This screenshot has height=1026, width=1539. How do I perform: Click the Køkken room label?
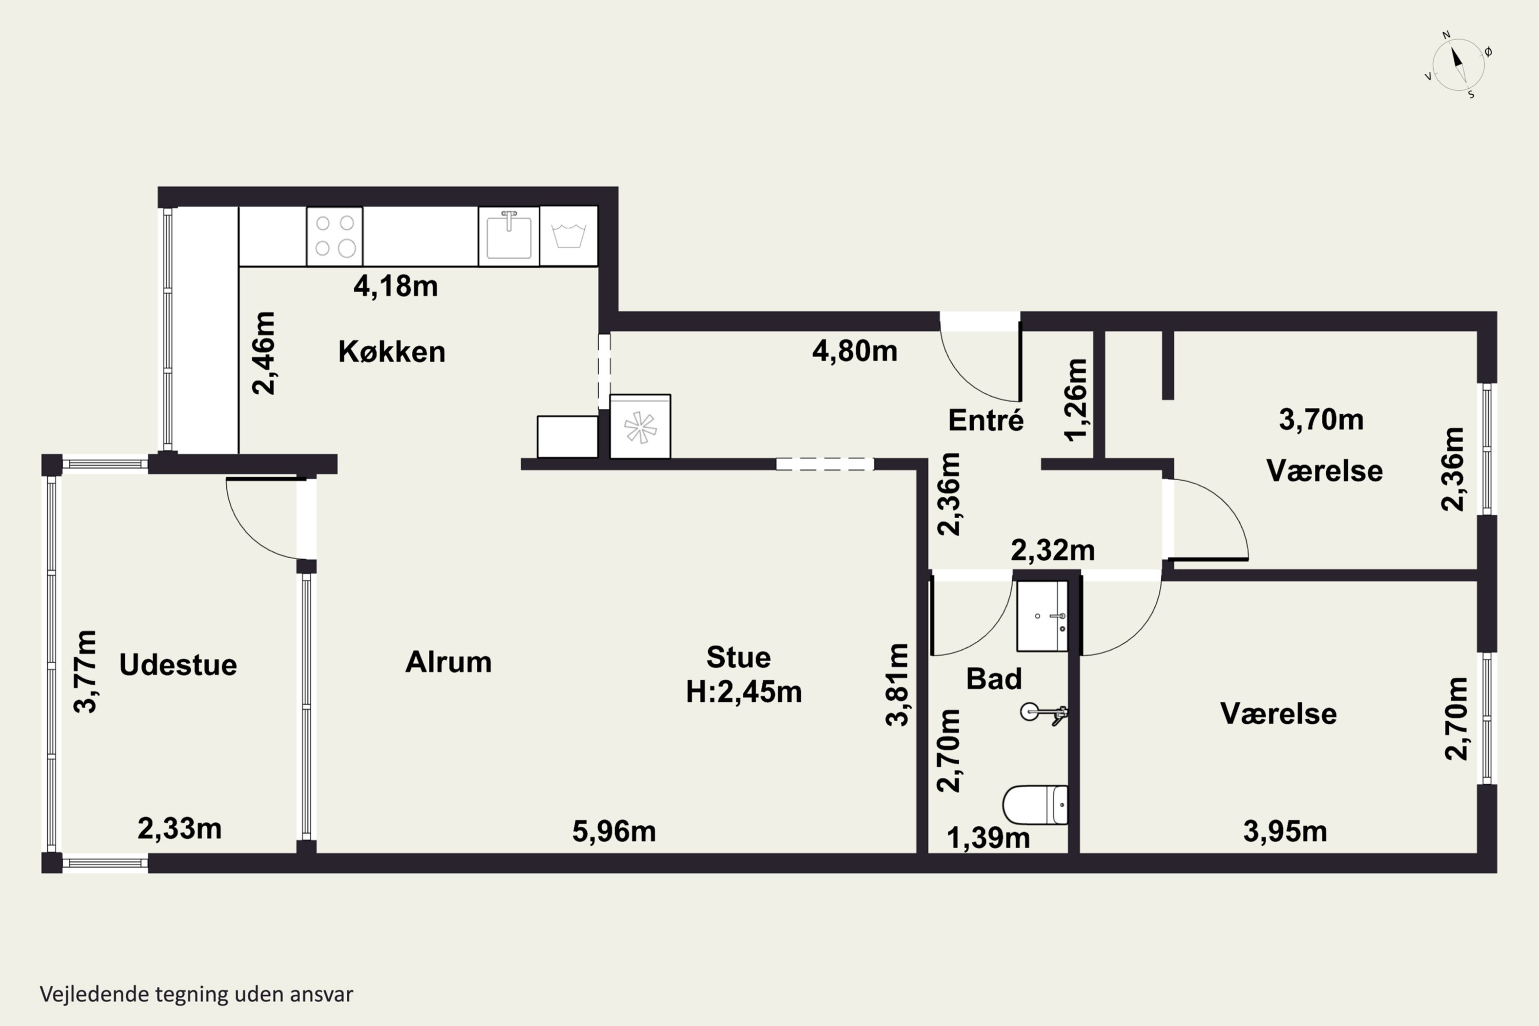(x=392, y=352)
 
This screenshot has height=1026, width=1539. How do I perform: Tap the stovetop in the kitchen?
(x=334, y=236)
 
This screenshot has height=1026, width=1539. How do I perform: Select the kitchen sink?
(x=508, y=235)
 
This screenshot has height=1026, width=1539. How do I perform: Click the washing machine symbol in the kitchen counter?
(x=568, y=235)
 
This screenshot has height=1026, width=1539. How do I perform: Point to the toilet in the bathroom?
(x=1035, y=805)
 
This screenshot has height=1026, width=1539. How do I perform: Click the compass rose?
(x=1458, y=65)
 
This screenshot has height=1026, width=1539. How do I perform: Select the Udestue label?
(x=178, y=665)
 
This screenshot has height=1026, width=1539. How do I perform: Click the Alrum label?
(x=448, y=662)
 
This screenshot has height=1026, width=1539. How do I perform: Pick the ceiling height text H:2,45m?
(x=744, y=692)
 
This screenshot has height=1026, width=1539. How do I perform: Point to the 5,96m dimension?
(x=614, y=832)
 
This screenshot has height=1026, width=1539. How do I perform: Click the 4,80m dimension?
(x=855, y=351)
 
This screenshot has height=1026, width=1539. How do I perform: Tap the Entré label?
(x=986, y=420)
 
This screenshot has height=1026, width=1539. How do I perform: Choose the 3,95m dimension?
(x=1285, y=832)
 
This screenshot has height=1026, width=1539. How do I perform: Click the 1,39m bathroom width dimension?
(x=988, y=838)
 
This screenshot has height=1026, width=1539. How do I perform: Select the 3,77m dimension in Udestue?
(x=86, y=672)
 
